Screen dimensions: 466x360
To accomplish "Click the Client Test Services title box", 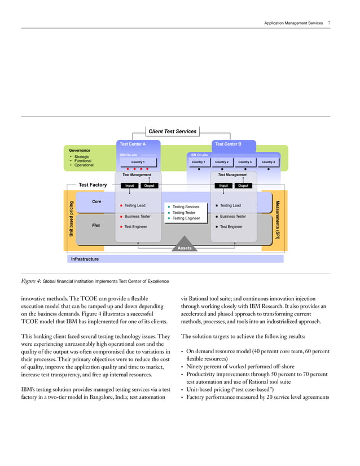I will click(x=172, y=131).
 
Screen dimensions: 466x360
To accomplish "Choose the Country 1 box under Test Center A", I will click(x=139, y=162).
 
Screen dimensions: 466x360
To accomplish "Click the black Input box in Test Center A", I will click(x=129, y=185).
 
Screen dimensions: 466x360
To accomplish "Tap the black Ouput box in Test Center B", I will click(x=243, y=185).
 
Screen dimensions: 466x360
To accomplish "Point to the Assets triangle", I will click(x=185, y=247).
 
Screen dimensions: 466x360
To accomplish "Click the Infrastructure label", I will click(x=85, y=259).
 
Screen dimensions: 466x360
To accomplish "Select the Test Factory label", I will click(x=93, y=184).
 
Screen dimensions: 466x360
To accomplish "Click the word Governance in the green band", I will click(x=80, y=151).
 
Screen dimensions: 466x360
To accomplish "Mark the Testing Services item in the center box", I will click(x=186, y=207).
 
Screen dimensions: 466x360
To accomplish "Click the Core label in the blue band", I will click(x=96, y=201).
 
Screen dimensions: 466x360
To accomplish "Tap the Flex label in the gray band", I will click(x=96, y=225).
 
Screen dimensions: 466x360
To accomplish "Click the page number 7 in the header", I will click(x=328, y=23).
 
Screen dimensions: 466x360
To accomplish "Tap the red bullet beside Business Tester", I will click(x=121, y=216).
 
